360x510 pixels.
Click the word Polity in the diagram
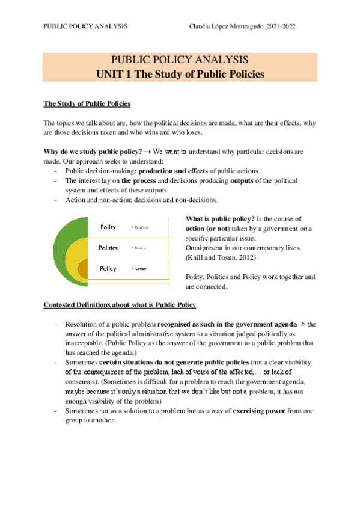coord(108,227)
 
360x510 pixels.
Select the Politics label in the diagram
coord(108,248)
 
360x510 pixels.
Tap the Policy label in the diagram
coord(108,268)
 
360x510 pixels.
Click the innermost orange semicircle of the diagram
coord(84,268)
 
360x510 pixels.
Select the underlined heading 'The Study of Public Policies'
coord(87,104)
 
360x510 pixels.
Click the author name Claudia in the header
coord(202,26)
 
